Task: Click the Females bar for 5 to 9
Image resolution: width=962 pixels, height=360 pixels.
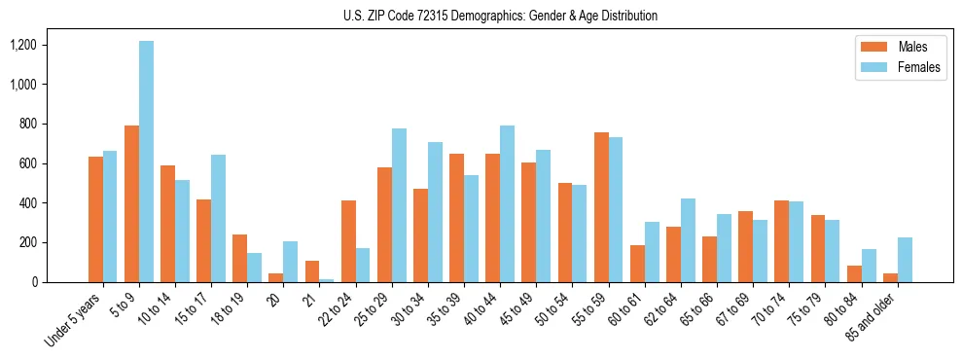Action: [146, 162]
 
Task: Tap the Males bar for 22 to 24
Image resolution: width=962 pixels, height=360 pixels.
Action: [348, 241]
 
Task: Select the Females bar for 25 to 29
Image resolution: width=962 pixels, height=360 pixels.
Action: [399, 205]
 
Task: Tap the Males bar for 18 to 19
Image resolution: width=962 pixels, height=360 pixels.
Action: [240, 258]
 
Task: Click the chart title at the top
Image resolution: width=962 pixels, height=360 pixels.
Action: [500, 16]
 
